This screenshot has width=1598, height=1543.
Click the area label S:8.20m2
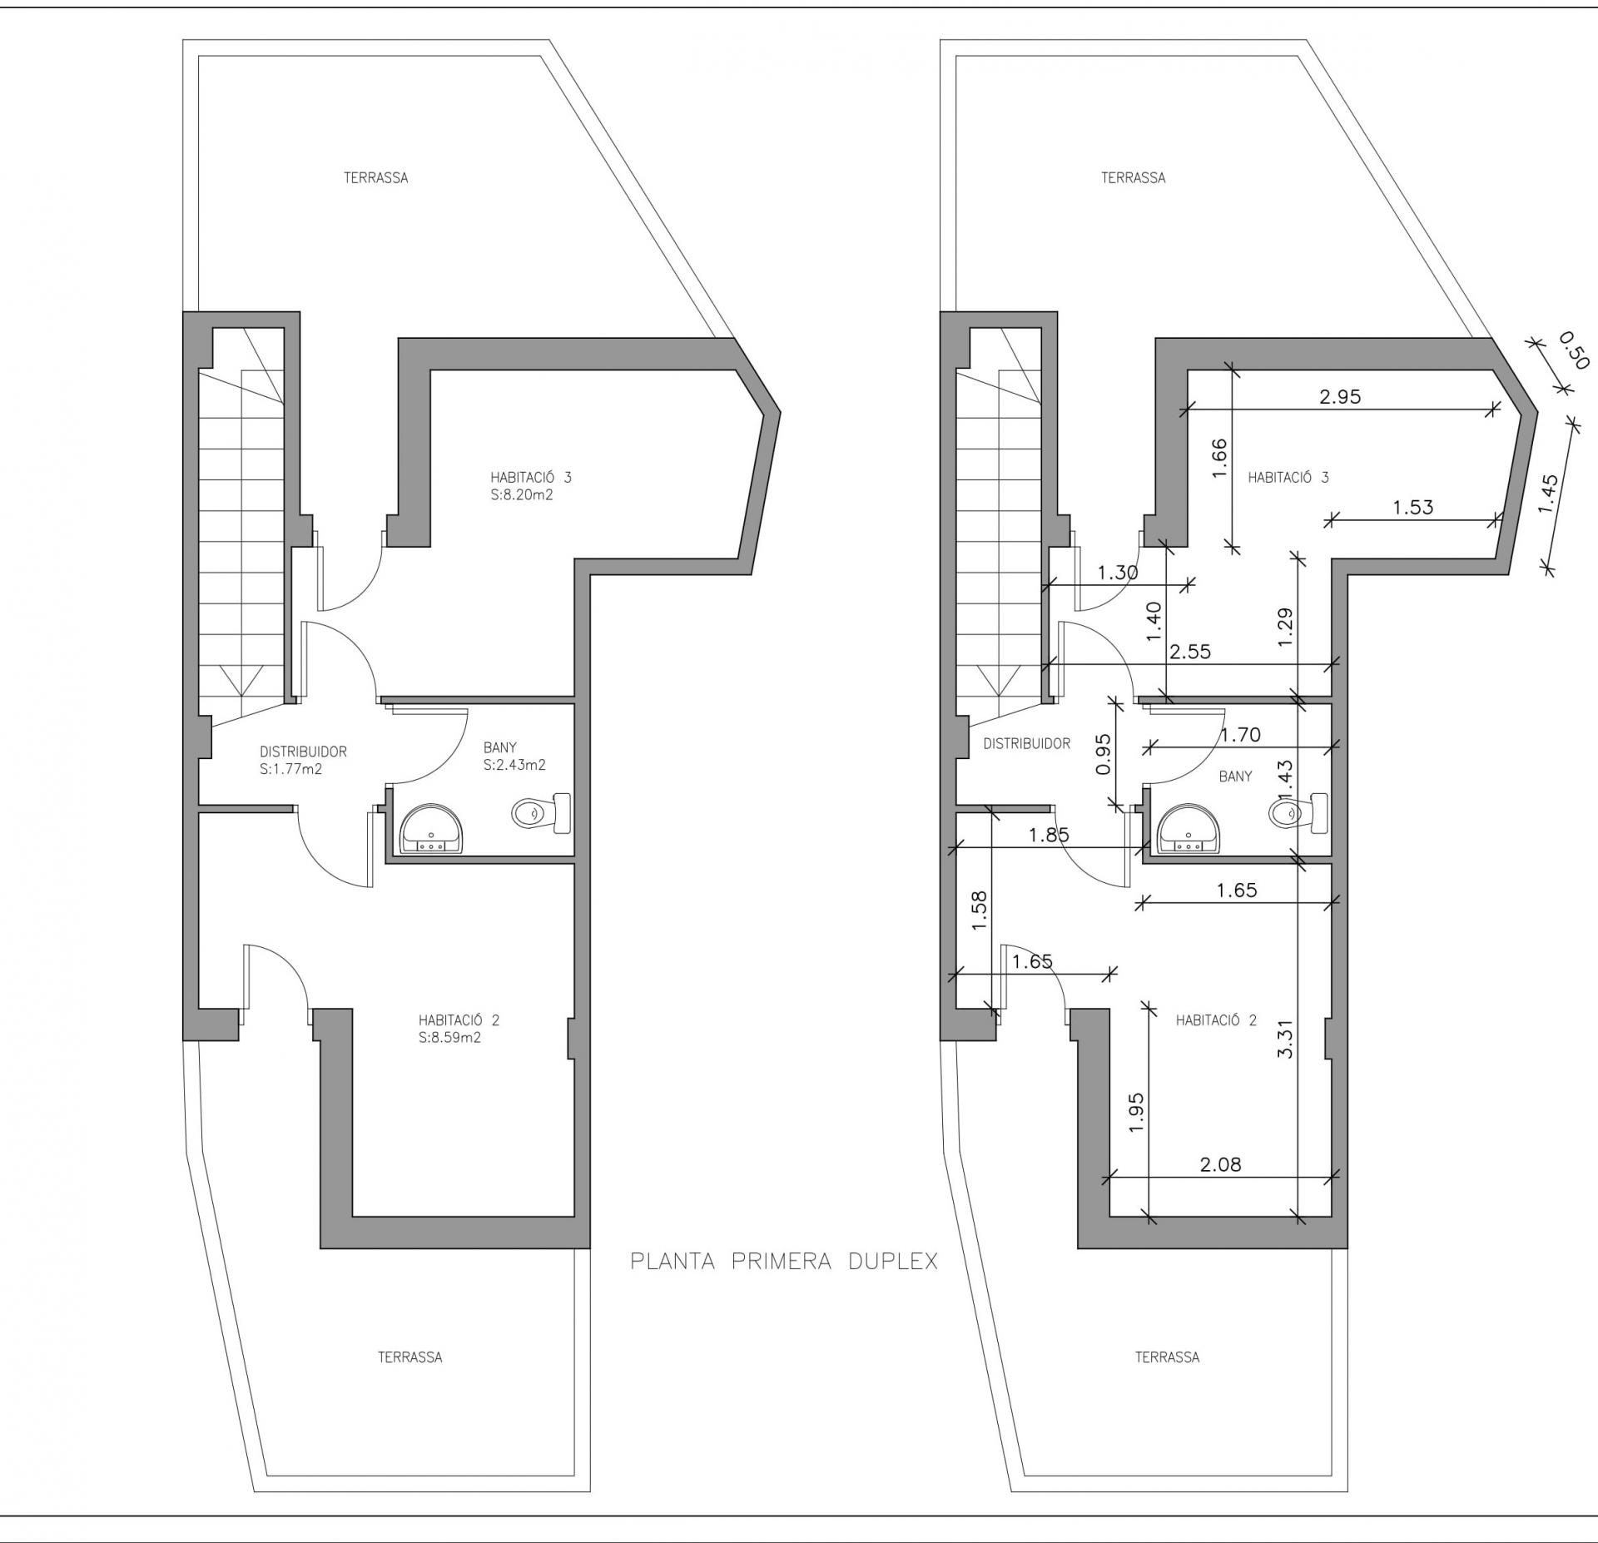[522, 495]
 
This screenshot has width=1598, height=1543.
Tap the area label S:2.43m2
[514, 765]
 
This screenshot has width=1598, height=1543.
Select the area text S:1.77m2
[290, 770]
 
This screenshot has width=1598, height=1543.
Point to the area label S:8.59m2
[450, 1038]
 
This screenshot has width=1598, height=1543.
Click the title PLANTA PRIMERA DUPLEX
[784, 1262]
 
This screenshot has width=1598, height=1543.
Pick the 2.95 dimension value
[1340, 397]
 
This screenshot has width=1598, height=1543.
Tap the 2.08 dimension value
[1220, 1164]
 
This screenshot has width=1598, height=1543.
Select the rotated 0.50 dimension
[1574, 350]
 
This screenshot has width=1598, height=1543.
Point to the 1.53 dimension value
[1413, 507]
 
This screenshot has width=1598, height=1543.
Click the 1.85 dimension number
[1049, 835]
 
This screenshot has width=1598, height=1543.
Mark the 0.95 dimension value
[1104, 754]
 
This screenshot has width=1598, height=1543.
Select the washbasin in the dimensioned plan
[1190, 829]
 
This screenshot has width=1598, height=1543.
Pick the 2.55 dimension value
[1190, 652]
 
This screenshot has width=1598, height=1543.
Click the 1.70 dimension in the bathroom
[1241, 735]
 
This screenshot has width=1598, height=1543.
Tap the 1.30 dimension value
[1118, 573]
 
